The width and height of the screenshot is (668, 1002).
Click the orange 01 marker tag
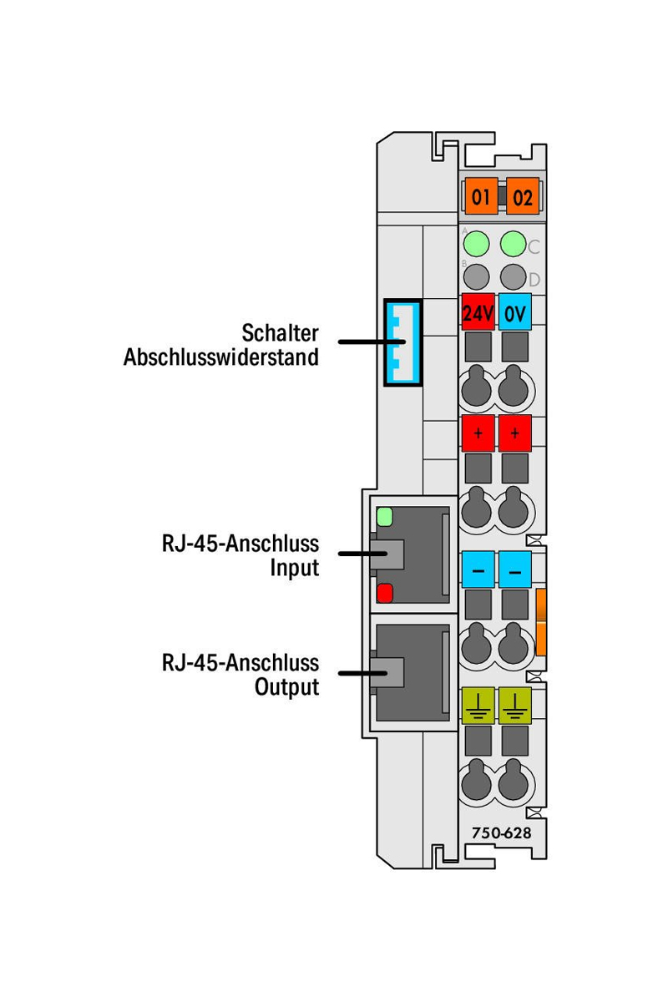click(x=480, y=198)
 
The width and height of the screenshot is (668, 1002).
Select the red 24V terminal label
click(x=478, y=314)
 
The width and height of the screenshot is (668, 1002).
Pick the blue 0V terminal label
click(x=515, y=314)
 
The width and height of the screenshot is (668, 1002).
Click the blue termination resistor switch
click(x=402, y=342)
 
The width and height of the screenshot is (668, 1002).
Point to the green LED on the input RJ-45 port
click(x=385, y=516)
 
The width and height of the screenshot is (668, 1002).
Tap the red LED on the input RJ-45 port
click(x=385, y=594)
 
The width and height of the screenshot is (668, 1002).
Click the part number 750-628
click(x=501, y=832)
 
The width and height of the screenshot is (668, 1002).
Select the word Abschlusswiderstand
click(x=221, y=357)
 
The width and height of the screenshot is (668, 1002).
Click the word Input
click(x=294, y=568)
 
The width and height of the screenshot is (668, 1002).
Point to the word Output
click(x=287, y=687)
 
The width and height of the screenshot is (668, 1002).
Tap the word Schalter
click(x=280, y=332)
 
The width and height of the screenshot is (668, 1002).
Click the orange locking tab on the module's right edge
click(x=541, y=622)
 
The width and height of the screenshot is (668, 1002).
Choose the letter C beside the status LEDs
click(x=534, y=246)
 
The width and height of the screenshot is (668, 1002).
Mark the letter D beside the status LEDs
click(x=534, y=279)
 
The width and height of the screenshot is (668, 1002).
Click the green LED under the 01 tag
click(x=476, y=244)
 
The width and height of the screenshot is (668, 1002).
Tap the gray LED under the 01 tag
click(x=476, y=275)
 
